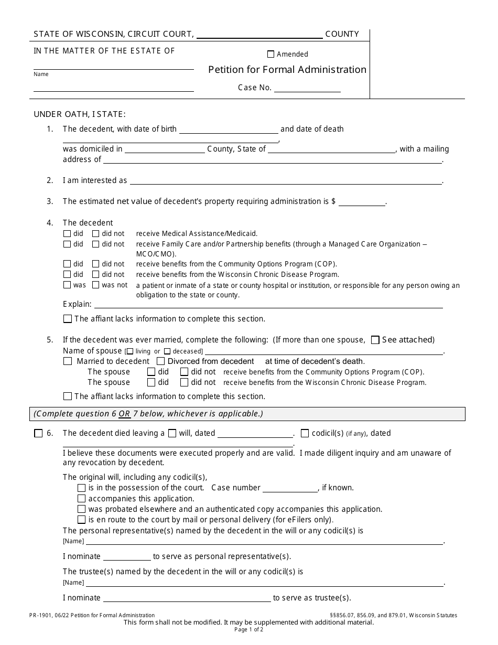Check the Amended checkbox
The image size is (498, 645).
click(x=270, y=54)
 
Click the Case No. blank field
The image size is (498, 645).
click(x=307, y=88)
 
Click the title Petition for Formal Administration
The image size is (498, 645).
click(x=287, y=70)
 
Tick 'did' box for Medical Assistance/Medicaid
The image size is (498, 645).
click(x=67, y=234)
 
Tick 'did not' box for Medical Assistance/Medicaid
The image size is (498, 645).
click(x=96, y=234)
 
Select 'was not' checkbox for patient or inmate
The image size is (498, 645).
click(x=96, y=285)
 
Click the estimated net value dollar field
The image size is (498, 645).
click(x=362, y=202)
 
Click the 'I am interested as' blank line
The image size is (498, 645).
click(x=286, y=181)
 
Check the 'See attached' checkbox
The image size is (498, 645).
click(x=375, y=340)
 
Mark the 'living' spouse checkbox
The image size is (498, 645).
click(x=129, y=351)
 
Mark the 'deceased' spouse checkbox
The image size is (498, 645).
click(x=167, y=351)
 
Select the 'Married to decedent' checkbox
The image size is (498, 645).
click(x=68, y=361)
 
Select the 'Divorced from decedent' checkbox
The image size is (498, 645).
click(x=161, y=361)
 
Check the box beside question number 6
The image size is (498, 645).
click(x=38, y=433)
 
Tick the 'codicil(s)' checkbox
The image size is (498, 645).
click(x=305, y=433)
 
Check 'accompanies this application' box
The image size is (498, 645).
click(x=81, y=499)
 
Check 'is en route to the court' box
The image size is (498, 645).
click(x=81, y=520)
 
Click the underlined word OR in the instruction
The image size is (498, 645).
click(x=124, y=414)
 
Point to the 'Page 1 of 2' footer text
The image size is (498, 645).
click(x=249, y=630)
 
